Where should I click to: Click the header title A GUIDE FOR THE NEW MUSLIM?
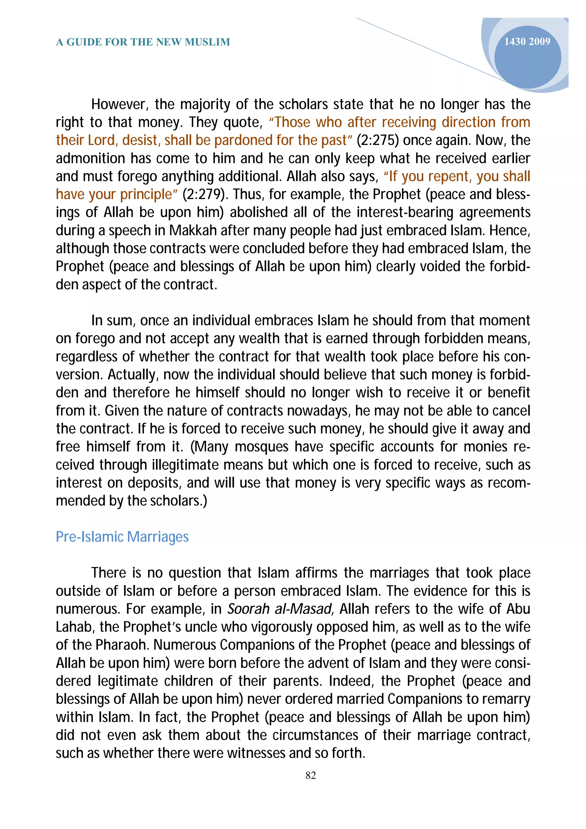143,42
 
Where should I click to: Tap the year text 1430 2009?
527,41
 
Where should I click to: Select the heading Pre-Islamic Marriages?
122,537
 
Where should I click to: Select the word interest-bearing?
405,212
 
